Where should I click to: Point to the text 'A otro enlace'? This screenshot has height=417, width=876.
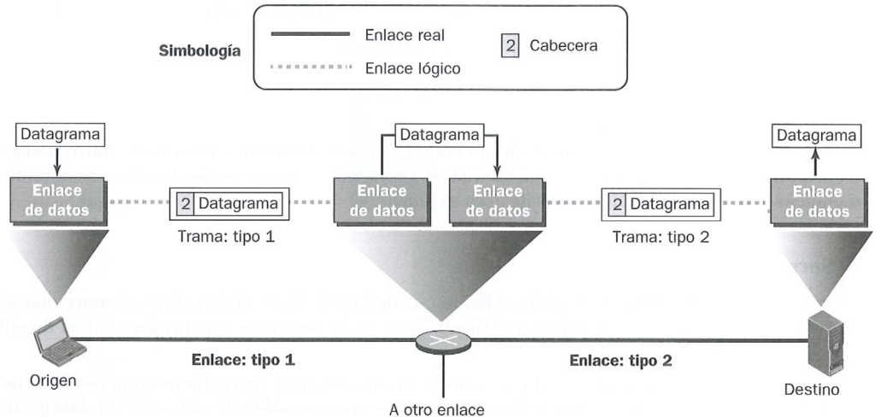click(x=436, y=408)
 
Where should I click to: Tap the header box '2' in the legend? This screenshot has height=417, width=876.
click(x=512, y=45)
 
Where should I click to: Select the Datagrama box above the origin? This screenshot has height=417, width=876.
click(x=56, y=133)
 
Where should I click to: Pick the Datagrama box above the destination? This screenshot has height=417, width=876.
click(x=814, y=134)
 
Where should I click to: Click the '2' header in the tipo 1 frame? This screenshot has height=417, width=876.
click(x=186, y=203)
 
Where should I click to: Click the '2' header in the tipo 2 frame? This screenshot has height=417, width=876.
click(x=617, y=203)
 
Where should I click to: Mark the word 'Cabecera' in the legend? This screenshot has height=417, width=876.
click(x=563, y=45)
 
